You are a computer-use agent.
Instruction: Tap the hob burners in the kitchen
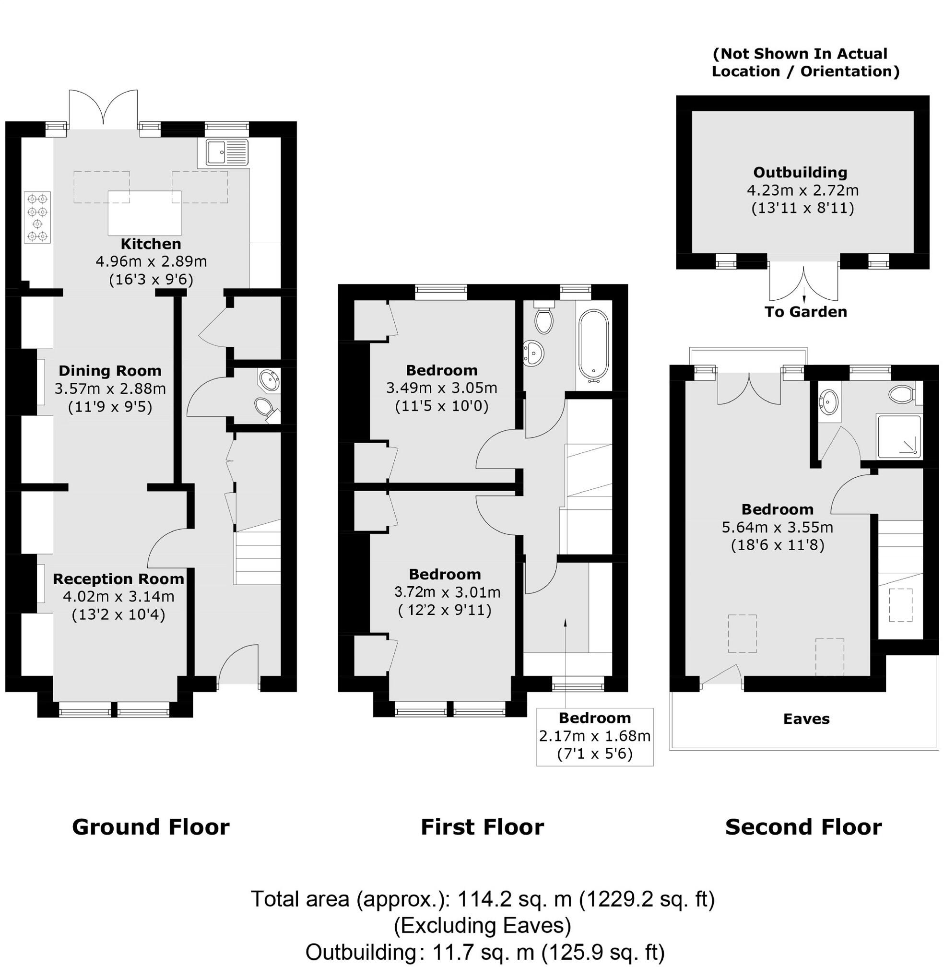click(38, 218)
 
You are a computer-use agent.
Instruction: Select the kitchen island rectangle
click(145, 213)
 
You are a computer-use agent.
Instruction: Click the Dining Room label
click(110, 370)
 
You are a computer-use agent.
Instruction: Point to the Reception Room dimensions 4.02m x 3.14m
click(118, 596)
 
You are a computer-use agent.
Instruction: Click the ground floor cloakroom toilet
click(263, 407)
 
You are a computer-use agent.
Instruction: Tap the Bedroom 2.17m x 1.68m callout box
click(594, 736)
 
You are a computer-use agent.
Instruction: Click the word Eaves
click(806, 719)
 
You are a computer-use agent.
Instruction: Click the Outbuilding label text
click(800, 173)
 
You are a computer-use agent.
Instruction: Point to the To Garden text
click(806, 312)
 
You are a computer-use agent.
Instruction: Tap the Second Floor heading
click(803, 827)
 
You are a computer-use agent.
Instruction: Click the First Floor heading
click(482, 827)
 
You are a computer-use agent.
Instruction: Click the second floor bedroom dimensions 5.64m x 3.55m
click(777, 527)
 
